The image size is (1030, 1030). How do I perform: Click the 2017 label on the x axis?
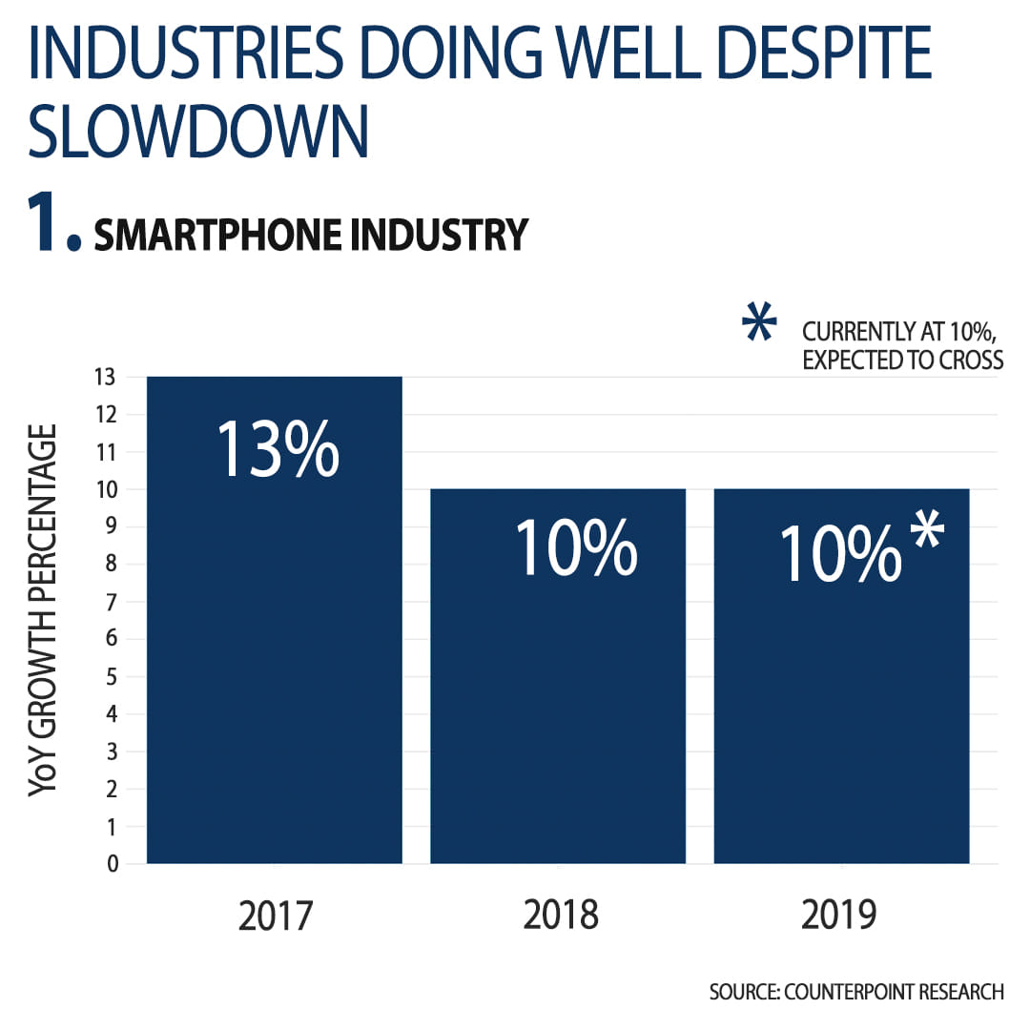click(276, 916)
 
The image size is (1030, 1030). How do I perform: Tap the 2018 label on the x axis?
click(560, 916)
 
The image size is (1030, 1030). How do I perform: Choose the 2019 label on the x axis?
click(839, 916)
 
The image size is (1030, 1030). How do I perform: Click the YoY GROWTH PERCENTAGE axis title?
click(43, 609)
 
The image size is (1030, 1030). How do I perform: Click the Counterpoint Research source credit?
click(855, 992)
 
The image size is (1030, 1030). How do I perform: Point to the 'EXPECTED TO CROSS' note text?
click(902, 360)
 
